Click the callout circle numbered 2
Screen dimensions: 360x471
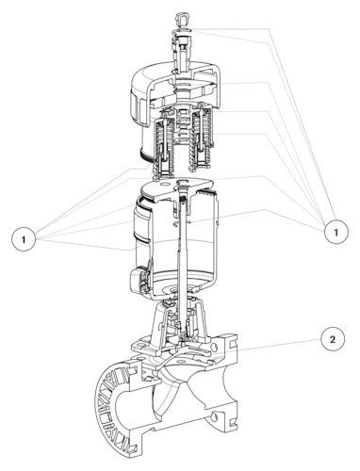click(333, 339)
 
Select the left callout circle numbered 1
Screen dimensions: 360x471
click(24, 239)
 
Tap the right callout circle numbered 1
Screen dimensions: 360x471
click(335, 233)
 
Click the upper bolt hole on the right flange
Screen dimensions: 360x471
click(215, 348)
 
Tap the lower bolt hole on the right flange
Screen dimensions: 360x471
click(215, 417)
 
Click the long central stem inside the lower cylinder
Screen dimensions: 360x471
click(182, 252)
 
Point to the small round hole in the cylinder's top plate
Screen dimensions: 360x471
click(162, 183)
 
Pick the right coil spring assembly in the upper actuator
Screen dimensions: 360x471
click(199, 138)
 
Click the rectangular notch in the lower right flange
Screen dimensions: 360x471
click(233, 425)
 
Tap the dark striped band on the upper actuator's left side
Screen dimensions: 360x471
click(147, 156)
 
